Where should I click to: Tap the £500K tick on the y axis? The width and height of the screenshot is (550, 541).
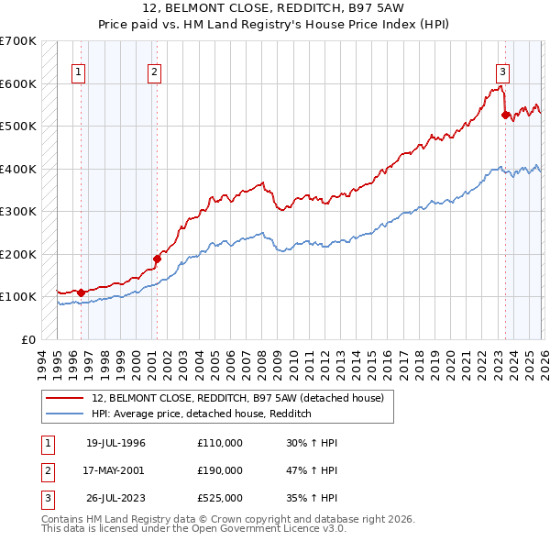(x=18, y=126)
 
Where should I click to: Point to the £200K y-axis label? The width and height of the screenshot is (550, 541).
(x=18, y=254)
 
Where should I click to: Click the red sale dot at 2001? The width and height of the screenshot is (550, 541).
(x=157, y=259)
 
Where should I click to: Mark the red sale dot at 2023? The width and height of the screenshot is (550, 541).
(x=505, y=115)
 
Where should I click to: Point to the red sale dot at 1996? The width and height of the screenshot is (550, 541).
(x=81, y=293)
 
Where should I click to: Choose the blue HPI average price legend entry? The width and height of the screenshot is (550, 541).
(x=202, y=414)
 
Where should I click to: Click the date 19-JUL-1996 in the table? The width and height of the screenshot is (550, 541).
(x=115, y=443)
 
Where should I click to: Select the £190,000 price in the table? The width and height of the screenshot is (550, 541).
(x=220, y=470)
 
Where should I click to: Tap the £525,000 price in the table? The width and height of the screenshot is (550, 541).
(x=220, y=498)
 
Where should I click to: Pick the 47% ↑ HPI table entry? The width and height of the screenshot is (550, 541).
(x=312, y=470)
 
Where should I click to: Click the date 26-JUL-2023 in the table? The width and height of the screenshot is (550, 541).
(x=115, y=498)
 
